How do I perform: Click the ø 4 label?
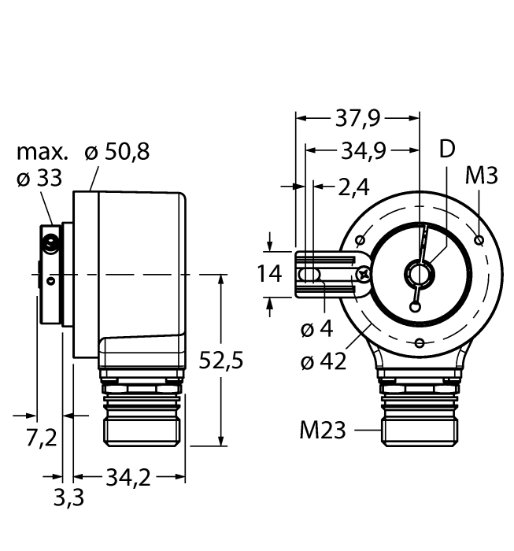(318, 329)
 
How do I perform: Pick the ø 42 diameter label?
(324, 362)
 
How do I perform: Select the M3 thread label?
(481, 176)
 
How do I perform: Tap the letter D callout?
(446, 150)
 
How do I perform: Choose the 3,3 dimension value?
(67, 497)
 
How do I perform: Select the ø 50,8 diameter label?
(117, 151)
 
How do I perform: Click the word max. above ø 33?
(43, 151)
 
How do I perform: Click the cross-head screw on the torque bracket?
(364, 274)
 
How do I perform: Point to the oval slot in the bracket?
(310, 274)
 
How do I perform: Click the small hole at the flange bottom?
(420, 342)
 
